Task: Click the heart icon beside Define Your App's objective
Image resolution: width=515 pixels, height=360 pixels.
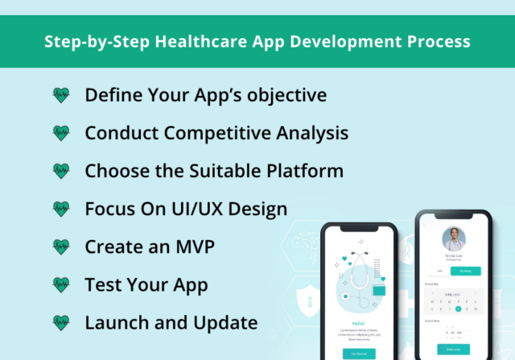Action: point(61,95)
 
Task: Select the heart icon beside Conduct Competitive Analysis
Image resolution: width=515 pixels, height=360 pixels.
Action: point(61,133)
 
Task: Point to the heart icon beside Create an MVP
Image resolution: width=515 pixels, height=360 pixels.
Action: point(61,246)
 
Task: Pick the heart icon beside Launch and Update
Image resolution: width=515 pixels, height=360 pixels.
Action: point(61,323)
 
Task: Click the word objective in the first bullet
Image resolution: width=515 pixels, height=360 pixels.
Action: point(285,95)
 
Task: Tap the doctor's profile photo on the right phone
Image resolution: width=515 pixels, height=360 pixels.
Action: point(454,238)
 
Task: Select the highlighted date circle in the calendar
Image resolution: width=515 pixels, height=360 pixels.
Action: point(458,308)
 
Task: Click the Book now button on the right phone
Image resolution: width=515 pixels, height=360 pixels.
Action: point(454,349)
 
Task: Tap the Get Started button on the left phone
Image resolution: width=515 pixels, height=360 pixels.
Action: point(358,353)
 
